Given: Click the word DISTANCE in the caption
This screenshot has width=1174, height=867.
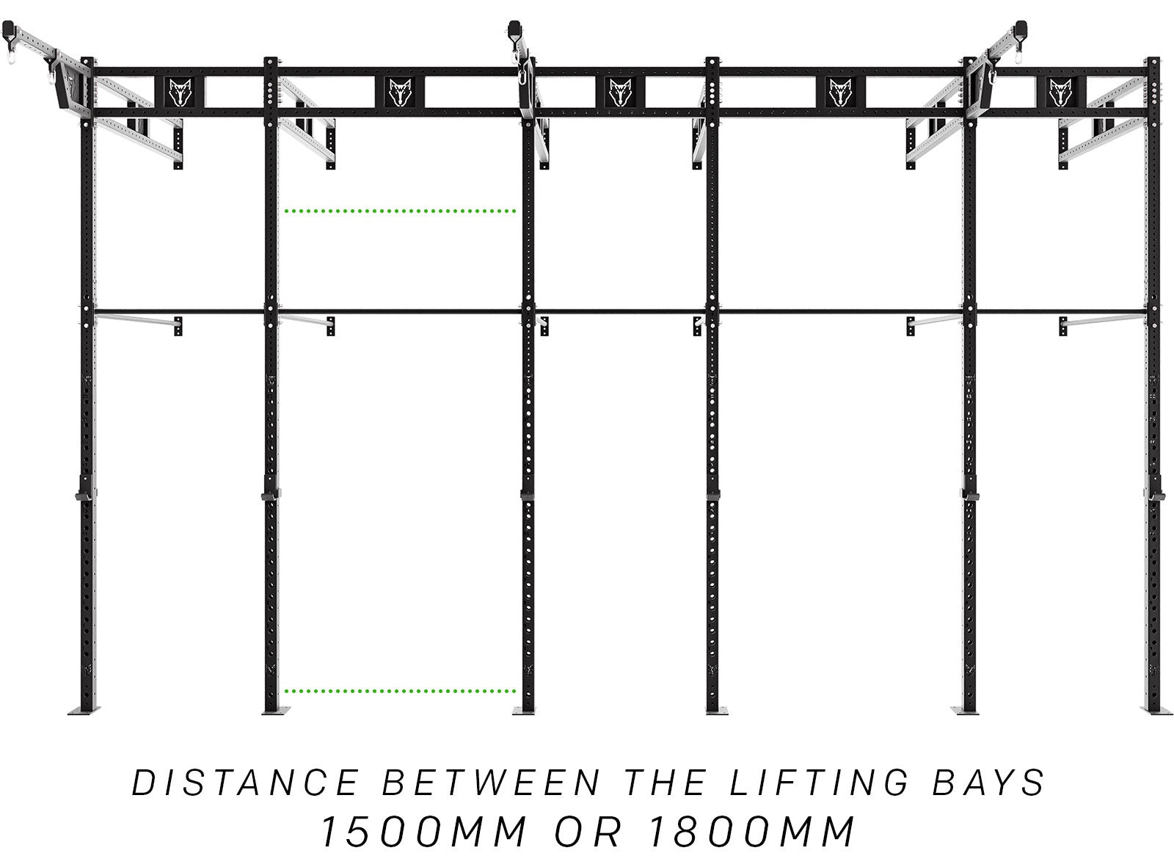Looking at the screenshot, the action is (246, 783).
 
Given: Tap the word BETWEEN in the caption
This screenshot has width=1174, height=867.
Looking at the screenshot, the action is (492, 783).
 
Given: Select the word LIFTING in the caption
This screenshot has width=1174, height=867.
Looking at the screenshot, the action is (819, 783).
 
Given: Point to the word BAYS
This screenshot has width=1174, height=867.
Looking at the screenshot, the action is (988, 783).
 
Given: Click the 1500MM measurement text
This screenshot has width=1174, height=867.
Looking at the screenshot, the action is (423, 832).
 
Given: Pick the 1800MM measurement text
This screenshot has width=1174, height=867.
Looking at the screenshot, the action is (751, 832).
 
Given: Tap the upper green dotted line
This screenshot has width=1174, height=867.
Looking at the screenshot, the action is (400, 211).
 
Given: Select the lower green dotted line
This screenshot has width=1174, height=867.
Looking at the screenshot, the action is (400, 691).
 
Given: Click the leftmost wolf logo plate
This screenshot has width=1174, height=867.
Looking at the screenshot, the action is (181, 92).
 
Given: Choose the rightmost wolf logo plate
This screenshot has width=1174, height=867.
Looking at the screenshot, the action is (1061, 92).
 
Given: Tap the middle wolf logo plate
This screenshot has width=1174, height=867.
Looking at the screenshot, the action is (620, 92).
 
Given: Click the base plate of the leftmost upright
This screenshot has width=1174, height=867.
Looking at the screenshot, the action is (84, 710).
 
